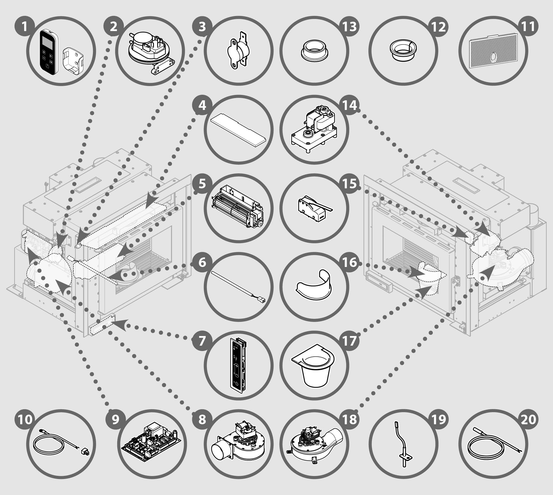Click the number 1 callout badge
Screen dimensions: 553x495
pyautogui.click(x=25, y=27)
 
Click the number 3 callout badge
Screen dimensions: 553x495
pyautogui.click(x=202, y=27)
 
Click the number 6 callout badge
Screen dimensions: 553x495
pyautogui.click(x=202, y=263)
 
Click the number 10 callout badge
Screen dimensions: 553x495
pyautogui.click(x=25, y=419)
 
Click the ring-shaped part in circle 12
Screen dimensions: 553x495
pyautogui.click(x=403, y=51)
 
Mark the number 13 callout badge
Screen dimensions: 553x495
pyautogui.click(x=349, y=27)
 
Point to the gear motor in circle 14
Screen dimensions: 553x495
pyautogui.click(x=314, y=129)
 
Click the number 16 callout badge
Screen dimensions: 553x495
pyautogui.click(x=349, y=263)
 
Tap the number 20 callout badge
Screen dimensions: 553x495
pyautogui.click(x=528, y=419)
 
